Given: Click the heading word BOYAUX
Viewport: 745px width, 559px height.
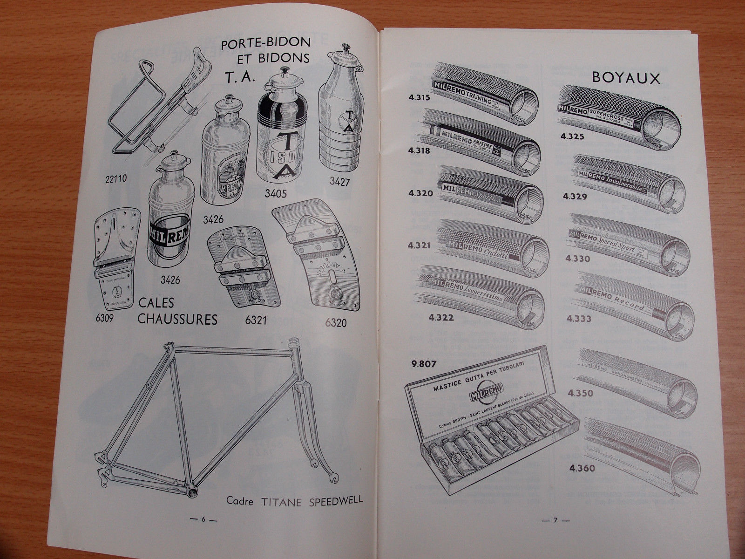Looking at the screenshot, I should pos(626,78).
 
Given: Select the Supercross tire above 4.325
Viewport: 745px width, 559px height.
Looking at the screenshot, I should pos(619,112).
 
